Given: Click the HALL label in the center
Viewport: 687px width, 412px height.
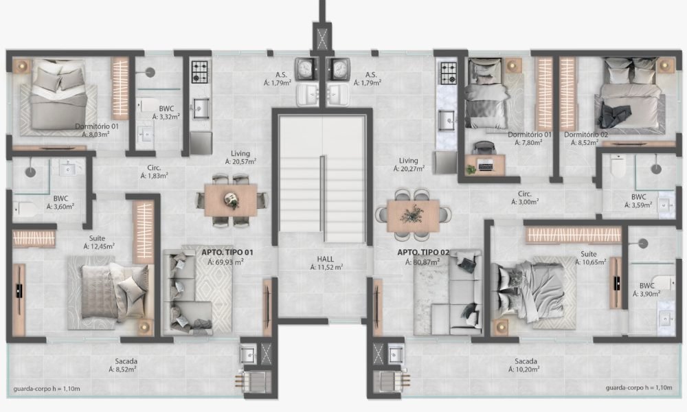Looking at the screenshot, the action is coord(325,259).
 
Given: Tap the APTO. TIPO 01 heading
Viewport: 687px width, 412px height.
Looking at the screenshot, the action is coord(227,252).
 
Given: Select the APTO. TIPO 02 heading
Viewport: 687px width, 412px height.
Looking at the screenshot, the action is coord(423,252).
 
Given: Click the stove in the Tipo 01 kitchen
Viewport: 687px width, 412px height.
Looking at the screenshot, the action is coord(200,72).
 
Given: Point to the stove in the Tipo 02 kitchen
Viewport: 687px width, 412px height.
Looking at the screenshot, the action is coord(449,73).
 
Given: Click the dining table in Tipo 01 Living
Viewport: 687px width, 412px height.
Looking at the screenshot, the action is coord(230,200).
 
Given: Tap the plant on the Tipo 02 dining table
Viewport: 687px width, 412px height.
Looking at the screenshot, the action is coord(412,214).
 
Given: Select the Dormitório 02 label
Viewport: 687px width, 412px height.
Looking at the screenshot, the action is coord(586,135).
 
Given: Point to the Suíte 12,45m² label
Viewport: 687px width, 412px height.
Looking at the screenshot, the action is coord(99,242).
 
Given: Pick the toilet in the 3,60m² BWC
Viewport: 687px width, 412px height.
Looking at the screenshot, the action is coord(26,209).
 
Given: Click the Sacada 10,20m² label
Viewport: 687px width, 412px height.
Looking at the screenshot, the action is coord(525,365).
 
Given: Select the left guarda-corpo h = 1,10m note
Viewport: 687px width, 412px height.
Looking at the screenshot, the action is coord(47,389).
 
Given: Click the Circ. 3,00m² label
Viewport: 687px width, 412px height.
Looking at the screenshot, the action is coord(525,198).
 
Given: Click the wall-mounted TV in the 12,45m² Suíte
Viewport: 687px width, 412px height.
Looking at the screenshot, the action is coord(19,290).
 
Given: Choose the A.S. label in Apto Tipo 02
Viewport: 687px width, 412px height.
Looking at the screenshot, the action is coord(371,75).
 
